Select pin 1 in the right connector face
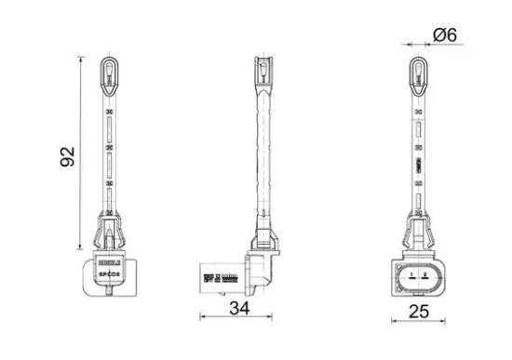tap(411, 276)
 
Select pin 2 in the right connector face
tap(424, 276)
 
